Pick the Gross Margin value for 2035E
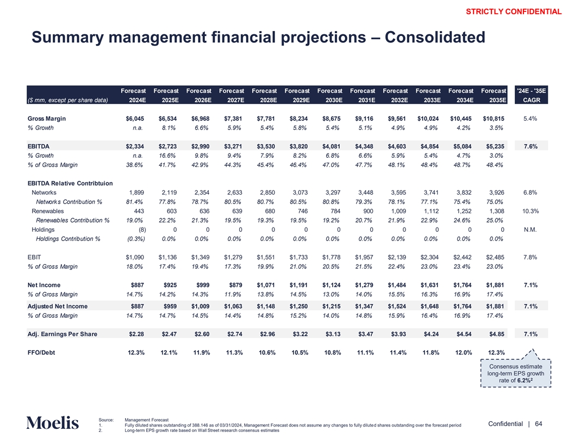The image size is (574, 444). pyautogui.click(x=492, y=119)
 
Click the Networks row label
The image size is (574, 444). pyautogui.click(x=44, y=192)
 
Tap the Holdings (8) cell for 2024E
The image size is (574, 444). pyautogui.click(x=138, y=230)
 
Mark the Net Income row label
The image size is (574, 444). pyautogui.click(x=44, y=285)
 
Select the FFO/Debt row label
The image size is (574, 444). pyautogui.click(x=41, y=353)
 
